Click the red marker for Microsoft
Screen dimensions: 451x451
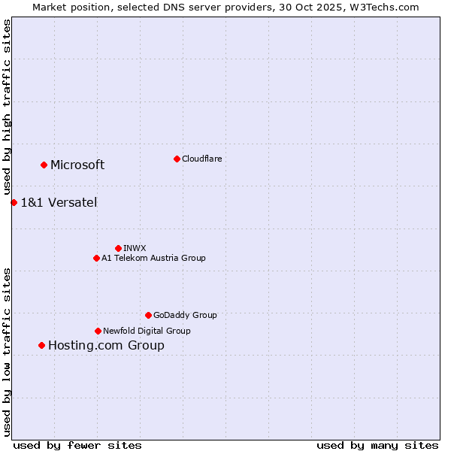coord(44,165)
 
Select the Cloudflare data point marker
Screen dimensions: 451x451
coord(177,159)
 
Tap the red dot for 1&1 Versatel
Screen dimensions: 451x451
coord(14,202)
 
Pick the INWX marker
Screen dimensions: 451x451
coord(118,248)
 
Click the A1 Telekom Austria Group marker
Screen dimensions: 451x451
coord(96,258)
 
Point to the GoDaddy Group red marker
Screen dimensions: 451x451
coord(148,315)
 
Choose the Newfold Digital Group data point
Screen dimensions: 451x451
coord(98,331)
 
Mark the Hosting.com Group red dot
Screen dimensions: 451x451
coord(41,345)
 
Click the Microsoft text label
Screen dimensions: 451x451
coord(77,165)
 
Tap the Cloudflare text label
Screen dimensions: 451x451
coord(201,159)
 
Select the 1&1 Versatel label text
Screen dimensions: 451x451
coord(59,202)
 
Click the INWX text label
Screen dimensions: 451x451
coord(135,248)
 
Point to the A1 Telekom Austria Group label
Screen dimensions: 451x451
coord(153,258)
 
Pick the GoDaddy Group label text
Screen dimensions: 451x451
coord(185,315)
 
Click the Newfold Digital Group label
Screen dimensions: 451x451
coord(147,331)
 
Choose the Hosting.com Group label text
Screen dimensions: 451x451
coord(106,346)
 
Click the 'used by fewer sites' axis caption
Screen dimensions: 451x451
coord(77,445)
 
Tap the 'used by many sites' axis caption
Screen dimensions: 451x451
coord(377,445)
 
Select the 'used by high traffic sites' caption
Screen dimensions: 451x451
coord(7,107)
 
